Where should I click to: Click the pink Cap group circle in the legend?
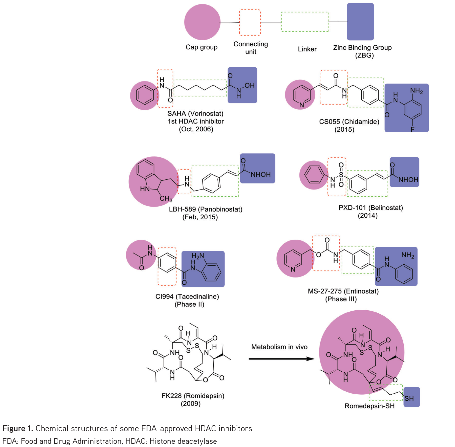click(x=202, y=22)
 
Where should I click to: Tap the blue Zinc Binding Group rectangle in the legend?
click(x=360, y=22)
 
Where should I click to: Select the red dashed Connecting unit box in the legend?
click(x=250, y=23)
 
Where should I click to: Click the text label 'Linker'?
click(x=307, y=49)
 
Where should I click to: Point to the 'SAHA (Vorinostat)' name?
click(x=195, y=114)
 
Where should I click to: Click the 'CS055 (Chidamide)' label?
click(x=349, y=122)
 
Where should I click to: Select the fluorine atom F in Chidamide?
click(x=412, y=129)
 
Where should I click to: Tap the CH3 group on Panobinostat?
click(x=166, y=199)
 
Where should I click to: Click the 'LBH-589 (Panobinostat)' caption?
click(x=206, y=209)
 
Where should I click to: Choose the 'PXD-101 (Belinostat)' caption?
click(x=371, y=208)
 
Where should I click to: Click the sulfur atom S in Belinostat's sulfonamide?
click(x=341, y=175)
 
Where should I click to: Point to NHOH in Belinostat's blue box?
click(x=408, y=180)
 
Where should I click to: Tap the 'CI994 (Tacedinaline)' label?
click(x=187, y=297)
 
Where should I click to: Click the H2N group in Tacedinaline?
click(x=198, y=256)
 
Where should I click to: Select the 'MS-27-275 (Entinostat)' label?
click(x=343, y=291)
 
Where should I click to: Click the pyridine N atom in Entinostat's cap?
click(x=293, y=270)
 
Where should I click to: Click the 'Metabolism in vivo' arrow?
click(x=281, y=359)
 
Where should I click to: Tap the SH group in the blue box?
click(x=409, y=398)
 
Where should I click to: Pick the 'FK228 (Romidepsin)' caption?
click(x=193, y=396)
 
